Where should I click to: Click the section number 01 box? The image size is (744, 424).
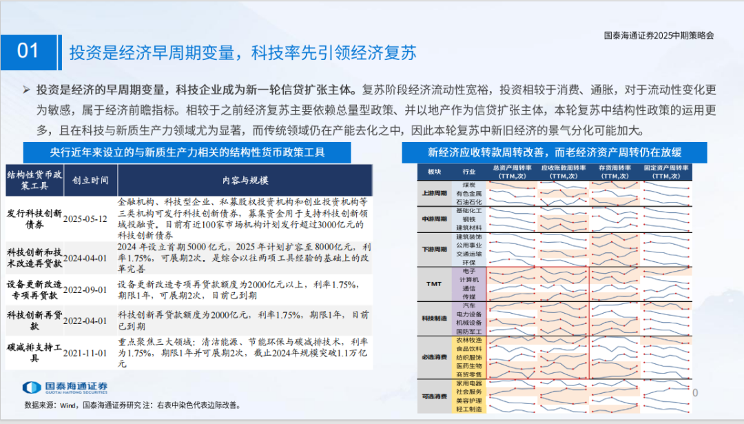point(28,51)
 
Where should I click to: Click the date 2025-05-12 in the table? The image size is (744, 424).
point(85,219)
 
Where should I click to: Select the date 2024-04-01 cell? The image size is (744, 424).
point(85,257)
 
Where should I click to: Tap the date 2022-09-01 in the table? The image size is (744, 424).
point(85,290)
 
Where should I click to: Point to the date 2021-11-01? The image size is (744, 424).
point(85,353)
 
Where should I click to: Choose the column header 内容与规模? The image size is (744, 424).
point(245,181)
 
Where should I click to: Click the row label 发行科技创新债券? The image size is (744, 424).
point(33,219)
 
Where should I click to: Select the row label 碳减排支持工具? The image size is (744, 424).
point(33,353)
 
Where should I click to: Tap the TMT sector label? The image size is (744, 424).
point(434,284)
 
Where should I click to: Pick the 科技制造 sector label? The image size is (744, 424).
point(434,318)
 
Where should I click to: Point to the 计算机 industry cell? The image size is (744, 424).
point(468,281)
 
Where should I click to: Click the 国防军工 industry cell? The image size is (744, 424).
point(468,331)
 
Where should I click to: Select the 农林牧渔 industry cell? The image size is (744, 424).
point(468,341)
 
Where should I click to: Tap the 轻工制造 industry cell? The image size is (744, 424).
point(468,409)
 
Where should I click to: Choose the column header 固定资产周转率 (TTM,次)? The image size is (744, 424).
point(666,172)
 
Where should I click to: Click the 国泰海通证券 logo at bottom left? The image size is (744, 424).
point(65,387)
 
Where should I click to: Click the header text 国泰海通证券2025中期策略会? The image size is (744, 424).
point(659,34)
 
